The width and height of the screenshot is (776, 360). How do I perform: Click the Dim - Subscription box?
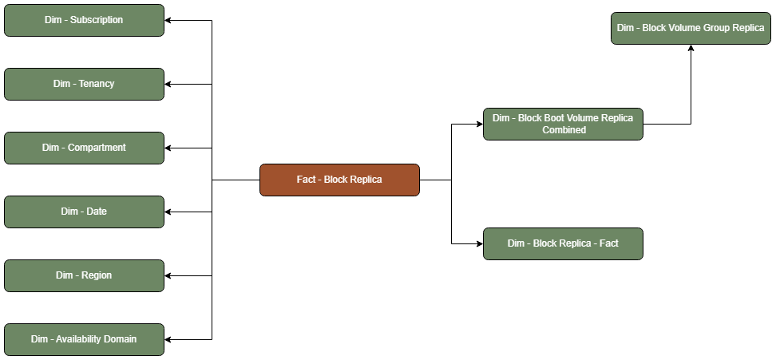point(84,20)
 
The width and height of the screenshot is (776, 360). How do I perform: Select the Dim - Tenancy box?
point(84,84)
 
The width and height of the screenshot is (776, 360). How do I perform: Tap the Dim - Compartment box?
point(84,148)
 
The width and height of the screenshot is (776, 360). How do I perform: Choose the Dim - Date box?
point(84,212)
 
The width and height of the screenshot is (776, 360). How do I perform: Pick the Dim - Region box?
point(84,275)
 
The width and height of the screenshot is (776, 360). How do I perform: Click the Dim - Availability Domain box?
point(84,339)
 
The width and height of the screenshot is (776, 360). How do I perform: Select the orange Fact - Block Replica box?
point(339,180)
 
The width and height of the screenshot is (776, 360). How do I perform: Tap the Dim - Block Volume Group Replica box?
point(691,28)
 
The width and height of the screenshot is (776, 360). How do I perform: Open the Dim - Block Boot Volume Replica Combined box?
point(563,124)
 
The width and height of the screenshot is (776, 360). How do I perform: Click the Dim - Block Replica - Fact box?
point(563,243)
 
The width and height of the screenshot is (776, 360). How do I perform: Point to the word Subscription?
point(97,20)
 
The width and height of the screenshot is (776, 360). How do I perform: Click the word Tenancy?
point(97,84)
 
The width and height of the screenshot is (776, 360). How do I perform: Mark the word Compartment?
point(97,148)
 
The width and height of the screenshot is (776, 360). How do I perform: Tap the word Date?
point(97,212)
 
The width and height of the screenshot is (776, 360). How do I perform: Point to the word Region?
point(96,275)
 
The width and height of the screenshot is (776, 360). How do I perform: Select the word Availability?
point(80,339)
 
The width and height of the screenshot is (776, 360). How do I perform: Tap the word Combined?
point(564,130)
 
